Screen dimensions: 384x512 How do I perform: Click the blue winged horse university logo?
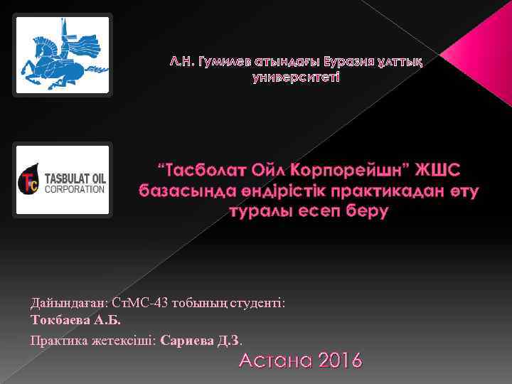point(63,55)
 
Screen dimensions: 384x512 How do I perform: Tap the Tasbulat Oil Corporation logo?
point(63,179)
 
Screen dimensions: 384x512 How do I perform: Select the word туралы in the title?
point(260,211)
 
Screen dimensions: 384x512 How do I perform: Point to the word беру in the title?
point(363,211)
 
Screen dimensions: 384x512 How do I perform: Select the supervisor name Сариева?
point(188,340)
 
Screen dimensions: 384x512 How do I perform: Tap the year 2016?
point(338,361)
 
